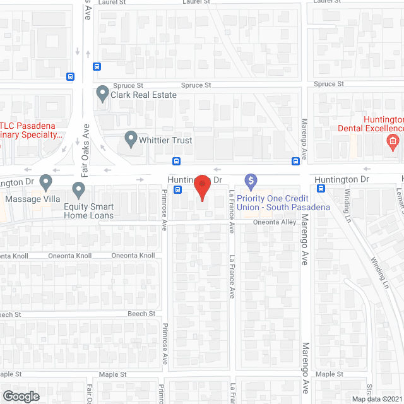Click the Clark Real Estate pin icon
102,94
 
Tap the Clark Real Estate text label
143,95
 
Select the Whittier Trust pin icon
131,139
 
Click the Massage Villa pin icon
45,183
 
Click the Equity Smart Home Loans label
89,211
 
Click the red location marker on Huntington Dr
201,186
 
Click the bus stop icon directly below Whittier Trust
176,160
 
